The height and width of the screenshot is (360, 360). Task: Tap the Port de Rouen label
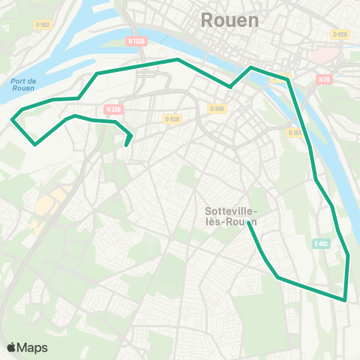[23, 85]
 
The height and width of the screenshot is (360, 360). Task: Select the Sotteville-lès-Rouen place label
[230, 216]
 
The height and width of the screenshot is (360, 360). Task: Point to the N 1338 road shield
[136, 42]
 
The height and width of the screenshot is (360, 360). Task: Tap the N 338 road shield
[113, 109]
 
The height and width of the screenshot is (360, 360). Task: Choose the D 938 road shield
[172, 118]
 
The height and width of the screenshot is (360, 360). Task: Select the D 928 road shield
[340, 34]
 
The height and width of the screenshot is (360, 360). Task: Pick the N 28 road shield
[324, 79]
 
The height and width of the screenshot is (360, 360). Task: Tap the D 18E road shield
[294, 132]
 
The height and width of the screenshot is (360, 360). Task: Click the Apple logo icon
[11, 347]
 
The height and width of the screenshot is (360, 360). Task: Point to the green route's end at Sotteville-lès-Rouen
[248, 224]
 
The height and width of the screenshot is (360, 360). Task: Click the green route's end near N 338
[127, 145]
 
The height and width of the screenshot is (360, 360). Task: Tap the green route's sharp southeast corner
[344, 300]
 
